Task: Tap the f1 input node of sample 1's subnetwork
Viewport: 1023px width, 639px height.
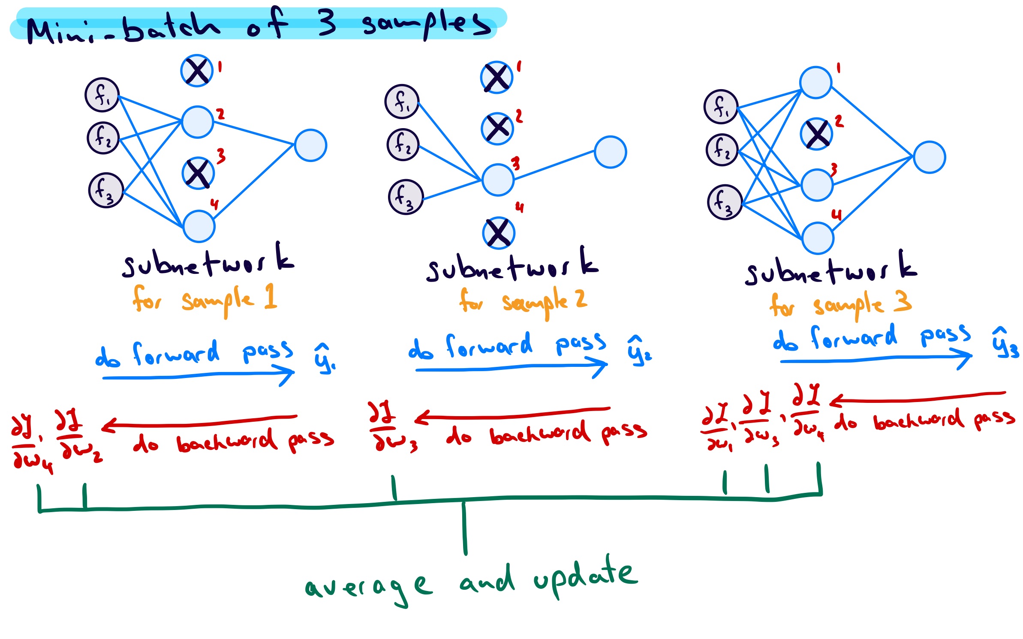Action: (x=102, y=95)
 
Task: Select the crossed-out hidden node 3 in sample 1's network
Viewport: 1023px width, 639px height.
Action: (x=198, y=173)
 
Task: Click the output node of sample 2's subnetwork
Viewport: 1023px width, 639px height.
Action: (x=610, y=152)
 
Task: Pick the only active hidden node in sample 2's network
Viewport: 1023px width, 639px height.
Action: (x=498, y=180)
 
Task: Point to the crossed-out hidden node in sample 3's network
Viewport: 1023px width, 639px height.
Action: (x=816, y=134)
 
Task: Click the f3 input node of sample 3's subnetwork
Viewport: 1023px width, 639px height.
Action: (x=725, y=202)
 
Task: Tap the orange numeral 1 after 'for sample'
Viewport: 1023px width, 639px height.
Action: (x=270, y=296)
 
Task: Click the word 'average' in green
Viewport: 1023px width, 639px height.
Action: (x=368, y=587)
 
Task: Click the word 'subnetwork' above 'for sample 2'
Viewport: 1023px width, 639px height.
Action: (x=512, y=266)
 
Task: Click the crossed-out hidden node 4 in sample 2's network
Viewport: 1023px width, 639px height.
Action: (x=498, y=233)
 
